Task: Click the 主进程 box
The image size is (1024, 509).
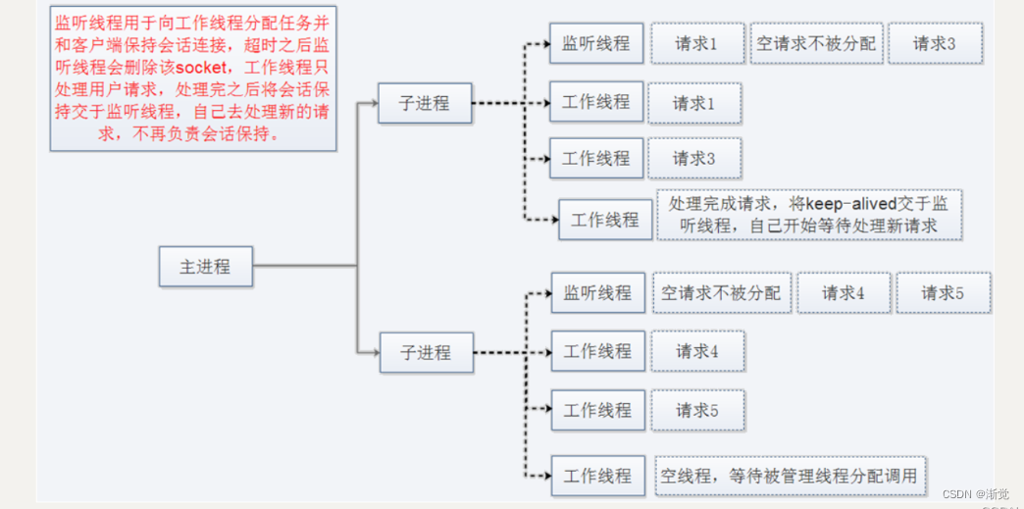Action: pos(205,266)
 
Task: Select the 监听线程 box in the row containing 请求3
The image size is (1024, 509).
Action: pos(595,43)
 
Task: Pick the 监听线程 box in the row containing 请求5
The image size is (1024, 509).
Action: pos(597,292)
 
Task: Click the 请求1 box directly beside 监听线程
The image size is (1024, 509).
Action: pos(696,44)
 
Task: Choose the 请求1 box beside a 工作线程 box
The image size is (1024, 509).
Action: pos(693,102)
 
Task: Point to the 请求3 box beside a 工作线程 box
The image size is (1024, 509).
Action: pos(693,158)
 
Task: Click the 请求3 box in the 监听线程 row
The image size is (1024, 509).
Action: pos(934,44)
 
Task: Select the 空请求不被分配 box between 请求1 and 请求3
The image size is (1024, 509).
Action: pos(816,44)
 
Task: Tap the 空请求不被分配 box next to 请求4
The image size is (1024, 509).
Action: pos(721,292)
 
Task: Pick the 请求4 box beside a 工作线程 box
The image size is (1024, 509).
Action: pos(696,351)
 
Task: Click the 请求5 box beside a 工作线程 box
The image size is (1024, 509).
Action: pos(696,410)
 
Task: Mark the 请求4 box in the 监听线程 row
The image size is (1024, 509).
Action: pos(843,292)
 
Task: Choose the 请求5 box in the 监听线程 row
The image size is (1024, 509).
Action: pos(943,292)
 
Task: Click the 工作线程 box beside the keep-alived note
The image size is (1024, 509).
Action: pos(604,220)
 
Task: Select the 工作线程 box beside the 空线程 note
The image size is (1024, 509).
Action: pos(597,476)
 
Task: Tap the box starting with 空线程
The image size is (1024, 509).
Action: pos(790,476)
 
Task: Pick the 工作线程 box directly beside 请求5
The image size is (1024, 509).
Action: pos(597,410)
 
